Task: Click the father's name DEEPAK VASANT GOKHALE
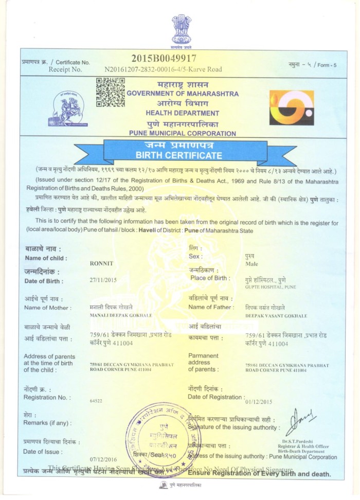(276, 315)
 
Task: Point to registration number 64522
(96, 400)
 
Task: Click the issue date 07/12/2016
(103, 458)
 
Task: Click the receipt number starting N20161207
(163, 68)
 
